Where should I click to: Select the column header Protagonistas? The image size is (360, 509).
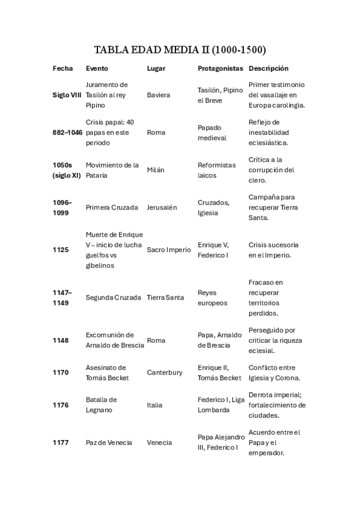click(220, 68)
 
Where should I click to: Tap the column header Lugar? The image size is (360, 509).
click(156, 68)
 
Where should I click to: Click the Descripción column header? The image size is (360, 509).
click(268, 68)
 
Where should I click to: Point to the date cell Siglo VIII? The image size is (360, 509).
click(67, 95)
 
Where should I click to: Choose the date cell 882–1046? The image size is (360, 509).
click(67, 132)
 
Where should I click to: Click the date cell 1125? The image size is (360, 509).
click(61, 250)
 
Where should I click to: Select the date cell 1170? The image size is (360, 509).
click(61, 372)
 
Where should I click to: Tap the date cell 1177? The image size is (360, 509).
click(61, 442)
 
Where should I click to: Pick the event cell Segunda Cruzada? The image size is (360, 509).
click(114, 298)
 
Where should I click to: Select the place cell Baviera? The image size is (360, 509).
click(159, 95)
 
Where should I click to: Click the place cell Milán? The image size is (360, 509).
click(156, 170)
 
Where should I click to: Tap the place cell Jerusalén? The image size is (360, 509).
click(162, 207)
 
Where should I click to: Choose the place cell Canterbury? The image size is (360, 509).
click(165, 372)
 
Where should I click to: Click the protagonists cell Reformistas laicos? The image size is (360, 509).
click(216, 170)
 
